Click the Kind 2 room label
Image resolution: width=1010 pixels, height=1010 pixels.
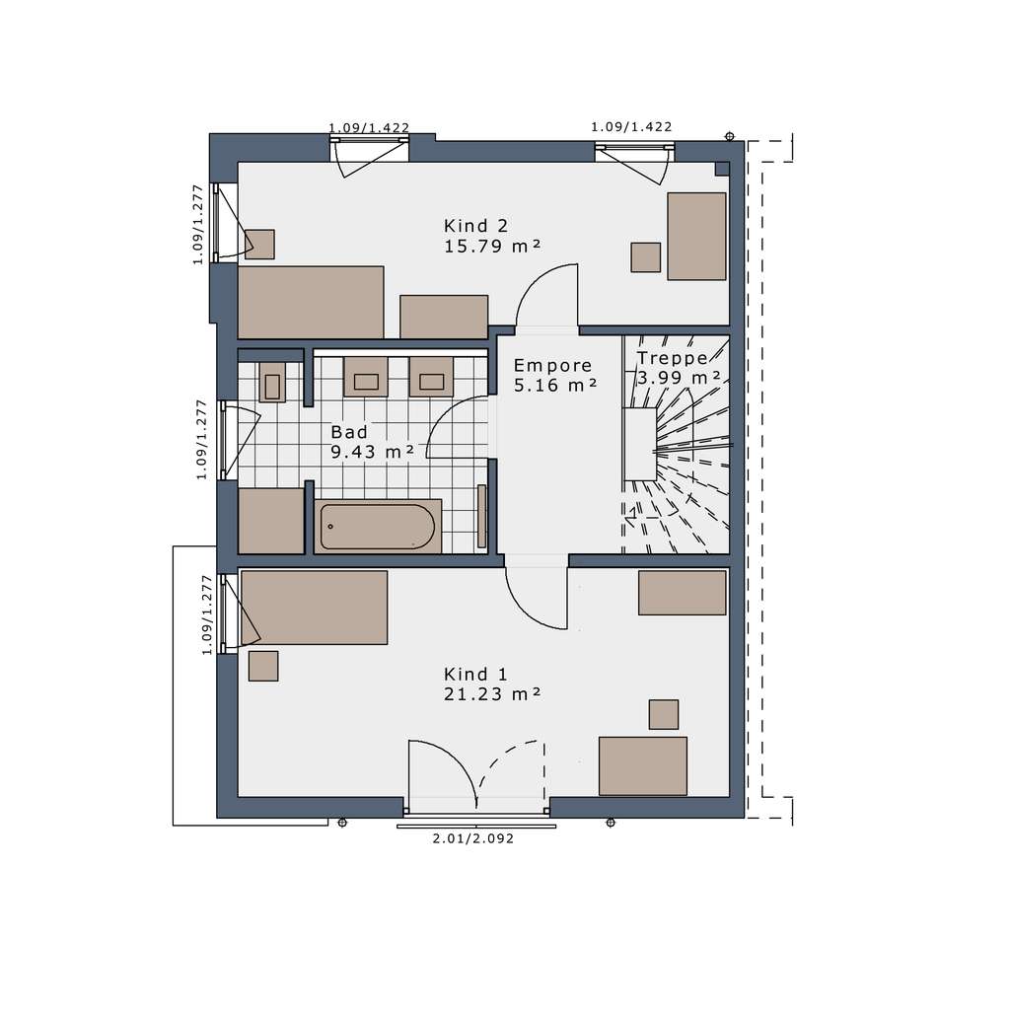pyautogui.click(x=475, y=224)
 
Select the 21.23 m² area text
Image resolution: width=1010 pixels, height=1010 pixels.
pyautogui.click(x=492, y=694)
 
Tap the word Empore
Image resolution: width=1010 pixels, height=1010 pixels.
pyautogui.click(x=553, y=365)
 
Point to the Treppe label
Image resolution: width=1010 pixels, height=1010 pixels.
pyautogui.click(x=673, y=358)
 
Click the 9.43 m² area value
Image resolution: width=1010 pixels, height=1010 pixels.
pyautogui.click(x=372, y=452)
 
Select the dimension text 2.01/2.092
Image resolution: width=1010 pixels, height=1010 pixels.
pyautogui.click(x=473, y=839)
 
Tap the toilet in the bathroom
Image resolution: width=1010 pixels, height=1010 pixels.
pyautogui.click(x=272, y=383)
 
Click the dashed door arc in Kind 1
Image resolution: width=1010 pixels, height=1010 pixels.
pyautogui.click(x=510, y=769)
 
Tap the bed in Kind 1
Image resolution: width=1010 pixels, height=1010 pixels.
pyautogui.click(x=315, y=608)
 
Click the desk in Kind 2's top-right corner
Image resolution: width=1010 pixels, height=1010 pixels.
pyautogui.click(x=696, y=236)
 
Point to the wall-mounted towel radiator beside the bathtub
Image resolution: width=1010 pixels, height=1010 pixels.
pyautogui.click(x=481, y=516)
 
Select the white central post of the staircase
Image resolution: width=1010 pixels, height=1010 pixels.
pyautogui.click(x=640, y=444)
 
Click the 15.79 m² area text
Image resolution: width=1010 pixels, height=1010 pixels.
pyautogui.click(x=493, y=246)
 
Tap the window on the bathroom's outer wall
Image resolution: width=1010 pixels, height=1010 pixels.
pyautogui.click(x=227, y=440)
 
